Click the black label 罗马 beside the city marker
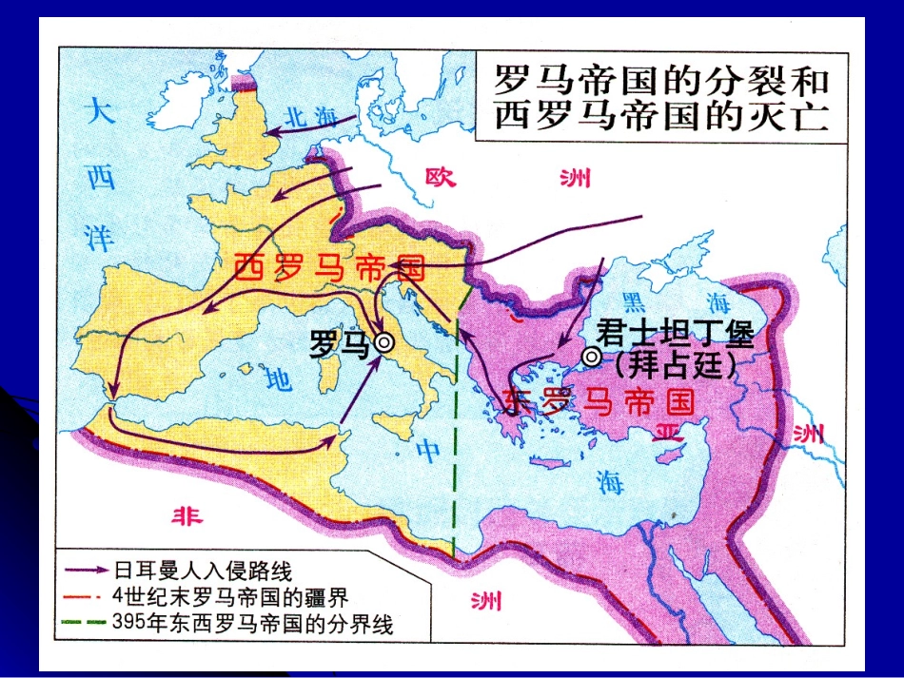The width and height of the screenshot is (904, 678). point(339,343)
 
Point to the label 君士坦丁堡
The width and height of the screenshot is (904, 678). point(676,335)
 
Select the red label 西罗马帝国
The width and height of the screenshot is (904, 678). point(329,268)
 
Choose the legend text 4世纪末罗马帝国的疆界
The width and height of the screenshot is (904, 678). point(229,597)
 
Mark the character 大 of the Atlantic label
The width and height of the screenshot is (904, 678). point(99,112)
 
